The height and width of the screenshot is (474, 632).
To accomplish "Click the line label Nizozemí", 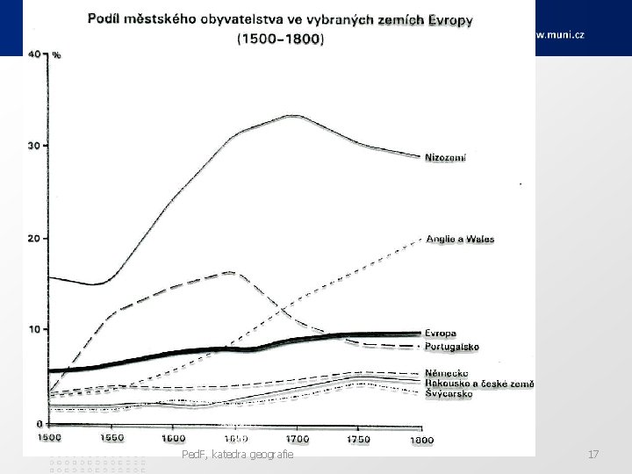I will click(x=446, y=158).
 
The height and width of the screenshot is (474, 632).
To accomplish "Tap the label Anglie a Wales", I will click(x=459, y=238).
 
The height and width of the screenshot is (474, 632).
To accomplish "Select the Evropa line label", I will click(x=441, y=334).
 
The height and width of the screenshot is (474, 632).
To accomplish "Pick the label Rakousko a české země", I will click(x=479, y=384).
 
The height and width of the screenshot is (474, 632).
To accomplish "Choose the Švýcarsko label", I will click(x=449, y=394).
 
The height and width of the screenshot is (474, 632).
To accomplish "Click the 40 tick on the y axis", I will click(x=36, y=54).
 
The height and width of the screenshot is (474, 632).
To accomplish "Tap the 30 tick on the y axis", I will click(x=36, y=146).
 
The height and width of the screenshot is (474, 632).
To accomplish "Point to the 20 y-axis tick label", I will click(x=36, y=238).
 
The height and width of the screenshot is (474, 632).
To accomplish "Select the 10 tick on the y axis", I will click(x=36, y=330).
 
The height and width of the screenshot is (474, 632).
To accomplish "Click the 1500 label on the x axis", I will click(x=49, y=436).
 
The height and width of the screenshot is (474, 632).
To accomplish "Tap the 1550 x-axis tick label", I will click(x=111, y=436).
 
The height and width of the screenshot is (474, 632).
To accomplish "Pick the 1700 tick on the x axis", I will click(x=297, y=436).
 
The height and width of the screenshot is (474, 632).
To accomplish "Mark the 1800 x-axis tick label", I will click(x=421, y=436).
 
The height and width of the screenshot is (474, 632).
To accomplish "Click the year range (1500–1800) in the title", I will click(x=280, y=39).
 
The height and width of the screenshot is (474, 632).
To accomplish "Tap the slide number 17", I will click(x=593, y=454).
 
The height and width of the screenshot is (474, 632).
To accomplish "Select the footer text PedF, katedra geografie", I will click(x=236, y=454).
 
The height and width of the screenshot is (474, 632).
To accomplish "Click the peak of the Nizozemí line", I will click(x=294, y=115).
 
